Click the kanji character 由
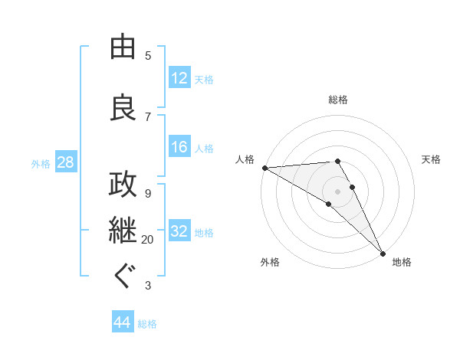point(123,47)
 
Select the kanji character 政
point(123,185)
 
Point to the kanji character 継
point(123,231)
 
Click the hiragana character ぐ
point(123,276)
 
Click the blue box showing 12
point(179,78)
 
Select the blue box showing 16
point(179,147)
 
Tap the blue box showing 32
point(179,231)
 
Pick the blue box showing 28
point(64,162)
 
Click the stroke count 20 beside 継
point(147,240)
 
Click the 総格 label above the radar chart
point(338,100)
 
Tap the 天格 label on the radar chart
point(432,159)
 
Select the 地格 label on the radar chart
point(402,262)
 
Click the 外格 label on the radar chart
point(270,262)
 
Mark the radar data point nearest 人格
point(264,167)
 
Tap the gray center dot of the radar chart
point(337,191)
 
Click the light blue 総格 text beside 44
point(147,323)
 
